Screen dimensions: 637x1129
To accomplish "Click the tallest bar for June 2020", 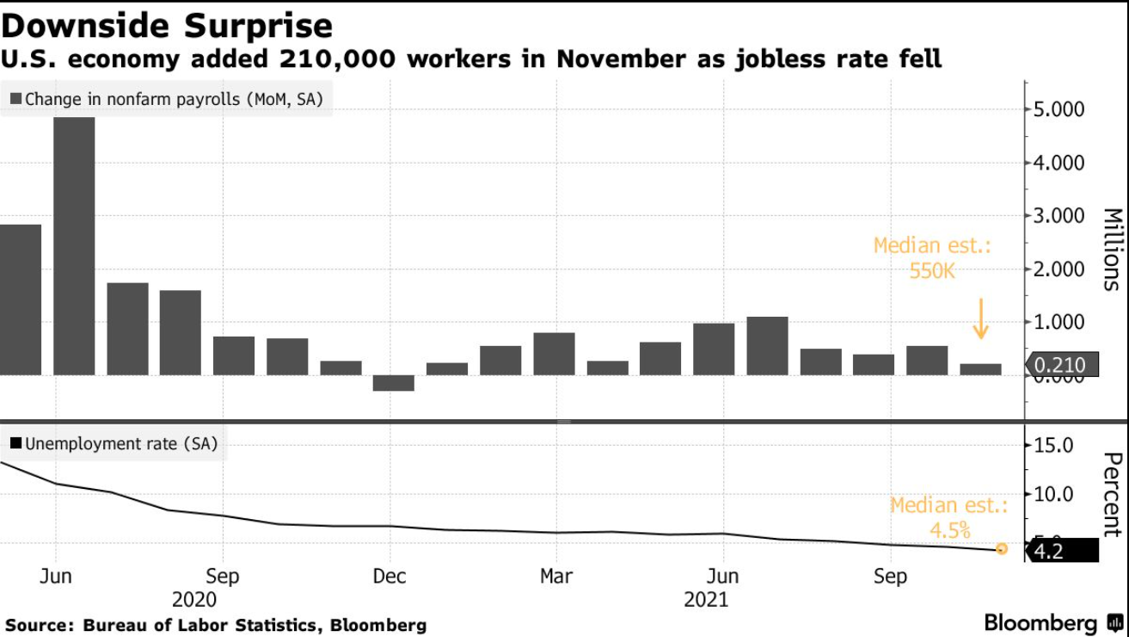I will [x=74, y=245].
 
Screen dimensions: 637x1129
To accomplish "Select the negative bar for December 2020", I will [x=394, y=383].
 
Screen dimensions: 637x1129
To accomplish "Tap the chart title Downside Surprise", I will [x=167, y=25].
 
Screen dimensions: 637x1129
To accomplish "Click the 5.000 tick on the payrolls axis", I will [x=1059, y=109].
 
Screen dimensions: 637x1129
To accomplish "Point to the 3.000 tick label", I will [x=1059, y=216].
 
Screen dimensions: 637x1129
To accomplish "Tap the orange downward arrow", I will [x=980, y=318].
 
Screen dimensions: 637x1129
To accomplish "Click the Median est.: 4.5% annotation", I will [x=948, y=517].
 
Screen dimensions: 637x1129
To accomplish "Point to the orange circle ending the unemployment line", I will [x=1002, y=548].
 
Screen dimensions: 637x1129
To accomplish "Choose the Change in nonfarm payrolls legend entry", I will [x=167, y=99].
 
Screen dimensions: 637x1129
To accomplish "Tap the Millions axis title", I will [x=1112, y=249].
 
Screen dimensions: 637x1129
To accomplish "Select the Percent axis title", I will [x=1112, y=494].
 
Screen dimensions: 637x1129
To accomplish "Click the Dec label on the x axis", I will [x=390, y=576].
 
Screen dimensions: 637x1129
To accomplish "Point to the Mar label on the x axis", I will [x=556, y=576].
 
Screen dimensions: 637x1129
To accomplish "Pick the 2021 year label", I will [x=706, y=599].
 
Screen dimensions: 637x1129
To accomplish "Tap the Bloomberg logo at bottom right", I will [x=1052, y=622].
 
